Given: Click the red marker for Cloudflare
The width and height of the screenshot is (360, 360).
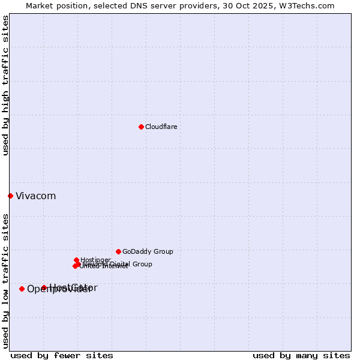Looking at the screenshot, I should [x=141, y=127].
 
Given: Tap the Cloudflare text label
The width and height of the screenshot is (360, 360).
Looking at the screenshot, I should [x=161, y=127].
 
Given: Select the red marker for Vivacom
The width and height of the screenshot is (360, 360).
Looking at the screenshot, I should [x=10, y=196].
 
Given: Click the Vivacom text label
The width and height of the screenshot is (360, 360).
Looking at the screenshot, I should [x=35, y=196].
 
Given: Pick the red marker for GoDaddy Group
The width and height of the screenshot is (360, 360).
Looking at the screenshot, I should [x=118, y=251].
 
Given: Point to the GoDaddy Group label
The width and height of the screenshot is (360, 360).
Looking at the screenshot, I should [x=148, y=251].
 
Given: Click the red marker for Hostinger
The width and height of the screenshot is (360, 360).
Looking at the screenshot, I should [x=76, y=260].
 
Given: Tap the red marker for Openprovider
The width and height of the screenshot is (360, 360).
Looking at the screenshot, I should [x=22, y=289].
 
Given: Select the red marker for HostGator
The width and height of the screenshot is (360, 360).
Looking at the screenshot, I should [x=44, y=287].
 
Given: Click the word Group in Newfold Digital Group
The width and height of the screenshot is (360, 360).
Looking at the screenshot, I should [x=142, y=264].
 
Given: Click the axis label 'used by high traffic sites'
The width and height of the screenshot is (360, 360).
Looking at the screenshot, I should [x=5, y=85].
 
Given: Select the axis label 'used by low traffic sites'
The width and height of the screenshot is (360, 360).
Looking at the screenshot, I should [x=5, y=281].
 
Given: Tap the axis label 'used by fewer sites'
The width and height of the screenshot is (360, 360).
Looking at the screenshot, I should [x=62, y=355].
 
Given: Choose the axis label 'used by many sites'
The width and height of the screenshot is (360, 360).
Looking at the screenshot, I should [x=301, y=355].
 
